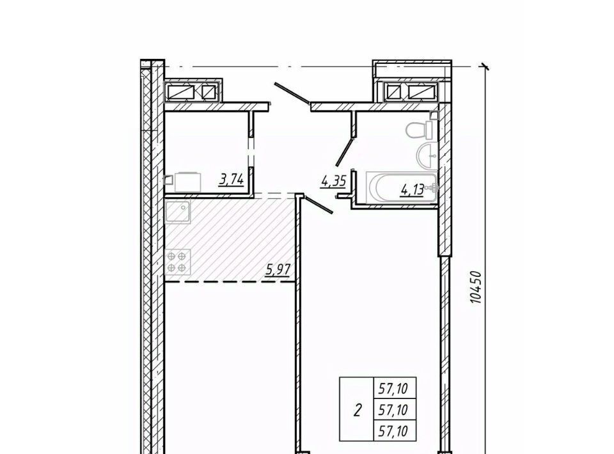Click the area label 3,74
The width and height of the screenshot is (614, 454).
tap(232, 180)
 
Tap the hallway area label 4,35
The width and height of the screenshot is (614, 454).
tap(333, 182)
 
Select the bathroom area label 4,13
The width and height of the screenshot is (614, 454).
tap(413, 190)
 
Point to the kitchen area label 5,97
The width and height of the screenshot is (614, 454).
tap(278, 270)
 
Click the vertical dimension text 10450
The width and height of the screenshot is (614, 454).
tap(475, 287)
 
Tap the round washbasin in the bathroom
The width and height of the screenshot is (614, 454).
tap(427, 155)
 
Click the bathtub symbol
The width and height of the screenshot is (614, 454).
tap(402, 188)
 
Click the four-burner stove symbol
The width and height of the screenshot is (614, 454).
tap(177, 262)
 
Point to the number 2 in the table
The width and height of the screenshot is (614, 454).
tap(357, 411)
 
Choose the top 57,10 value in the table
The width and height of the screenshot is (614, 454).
tap(393, 389)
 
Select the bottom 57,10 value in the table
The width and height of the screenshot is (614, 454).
tap(393, 431)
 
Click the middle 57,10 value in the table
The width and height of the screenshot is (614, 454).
tap(393, 410)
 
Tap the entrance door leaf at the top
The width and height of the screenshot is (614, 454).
tap(292, 94)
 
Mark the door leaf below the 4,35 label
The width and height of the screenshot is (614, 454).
tap(319, 205)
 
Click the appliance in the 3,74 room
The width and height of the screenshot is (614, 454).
tap(187, 182)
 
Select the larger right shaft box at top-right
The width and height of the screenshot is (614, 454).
tap(422, 91)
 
